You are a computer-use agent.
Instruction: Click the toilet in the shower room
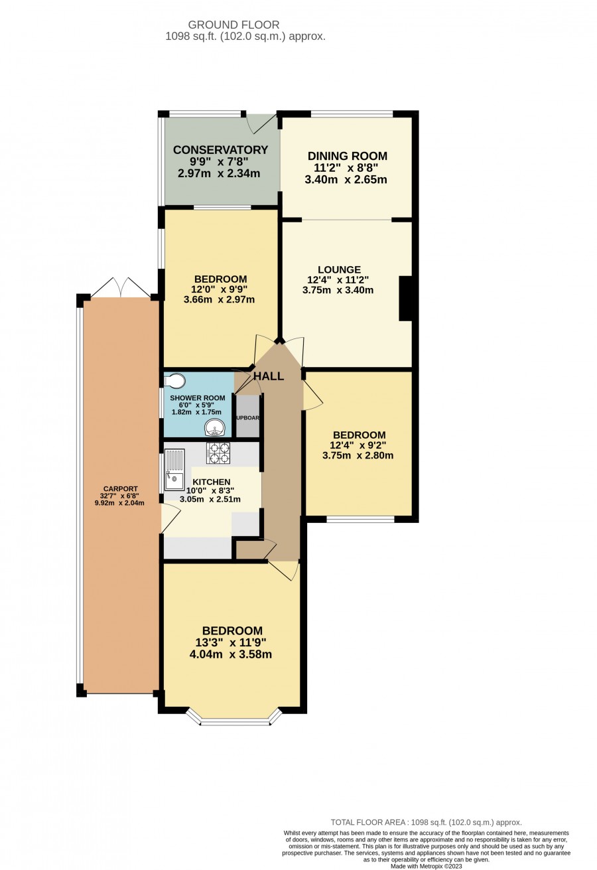tap(172, 381)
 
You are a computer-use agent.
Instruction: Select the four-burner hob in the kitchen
tap(218, 453)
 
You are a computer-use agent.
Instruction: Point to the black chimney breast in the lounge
tap(405, 298)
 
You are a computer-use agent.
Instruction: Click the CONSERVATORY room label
tap(220, 149)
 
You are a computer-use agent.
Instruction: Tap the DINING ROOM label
tap(348, 156)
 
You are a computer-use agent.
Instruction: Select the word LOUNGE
tap(339, 269)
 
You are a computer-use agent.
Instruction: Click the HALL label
tap(269, 376)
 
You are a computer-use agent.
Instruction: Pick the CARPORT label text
tap(120, 488)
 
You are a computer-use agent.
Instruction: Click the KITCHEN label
tap(212, 482)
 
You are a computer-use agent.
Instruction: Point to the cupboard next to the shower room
tap(247, 416)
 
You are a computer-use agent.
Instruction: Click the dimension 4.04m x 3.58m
tap(231, 654)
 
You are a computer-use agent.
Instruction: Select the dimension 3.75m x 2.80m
tap(358, 455)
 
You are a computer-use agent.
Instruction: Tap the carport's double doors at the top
tap(121, 288)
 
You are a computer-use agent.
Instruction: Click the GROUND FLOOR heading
tap(233, 25)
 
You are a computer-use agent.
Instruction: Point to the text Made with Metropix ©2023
tap(427, 866)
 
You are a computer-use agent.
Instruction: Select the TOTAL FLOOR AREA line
tap(427, 822)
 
